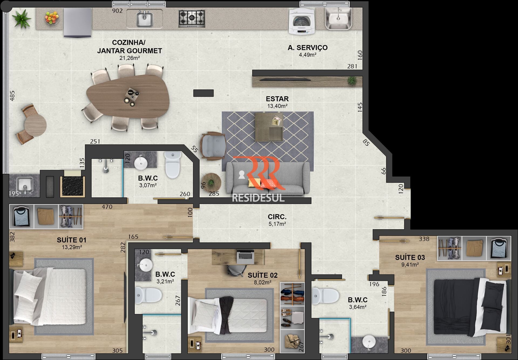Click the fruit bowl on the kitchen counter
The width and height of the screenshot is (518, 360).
(52, 18)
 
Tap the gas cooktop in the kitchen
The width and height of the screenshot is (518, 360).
(192, 19)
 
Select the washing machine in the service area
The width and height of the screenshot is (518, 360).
(302, 21)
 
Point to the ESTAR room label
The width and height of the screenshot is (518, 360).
(277, 99)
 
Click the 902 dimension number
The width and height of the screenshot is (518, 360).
(117, 11)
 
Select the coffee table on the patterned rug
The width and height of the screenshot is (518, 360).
(269, 127)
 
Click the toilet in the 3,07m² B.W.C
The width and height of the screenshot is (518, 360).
(173, 164)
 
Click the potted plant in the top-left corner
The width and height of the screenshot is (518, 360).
(22, 18)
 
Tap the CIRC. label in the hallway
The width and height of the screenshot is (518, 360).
(277, 217)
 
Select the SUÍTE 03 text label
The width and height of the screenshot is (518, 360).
(410, 257)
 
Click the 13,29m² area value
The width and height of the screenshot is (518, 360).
(72, 247)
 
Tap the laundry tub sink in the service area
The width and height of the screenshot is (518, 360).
(338, 18)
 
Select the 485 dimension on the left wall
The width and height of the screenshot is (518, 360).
(12, 96)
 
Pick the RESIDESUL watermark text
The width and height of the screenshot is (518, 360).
(258, 198)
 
